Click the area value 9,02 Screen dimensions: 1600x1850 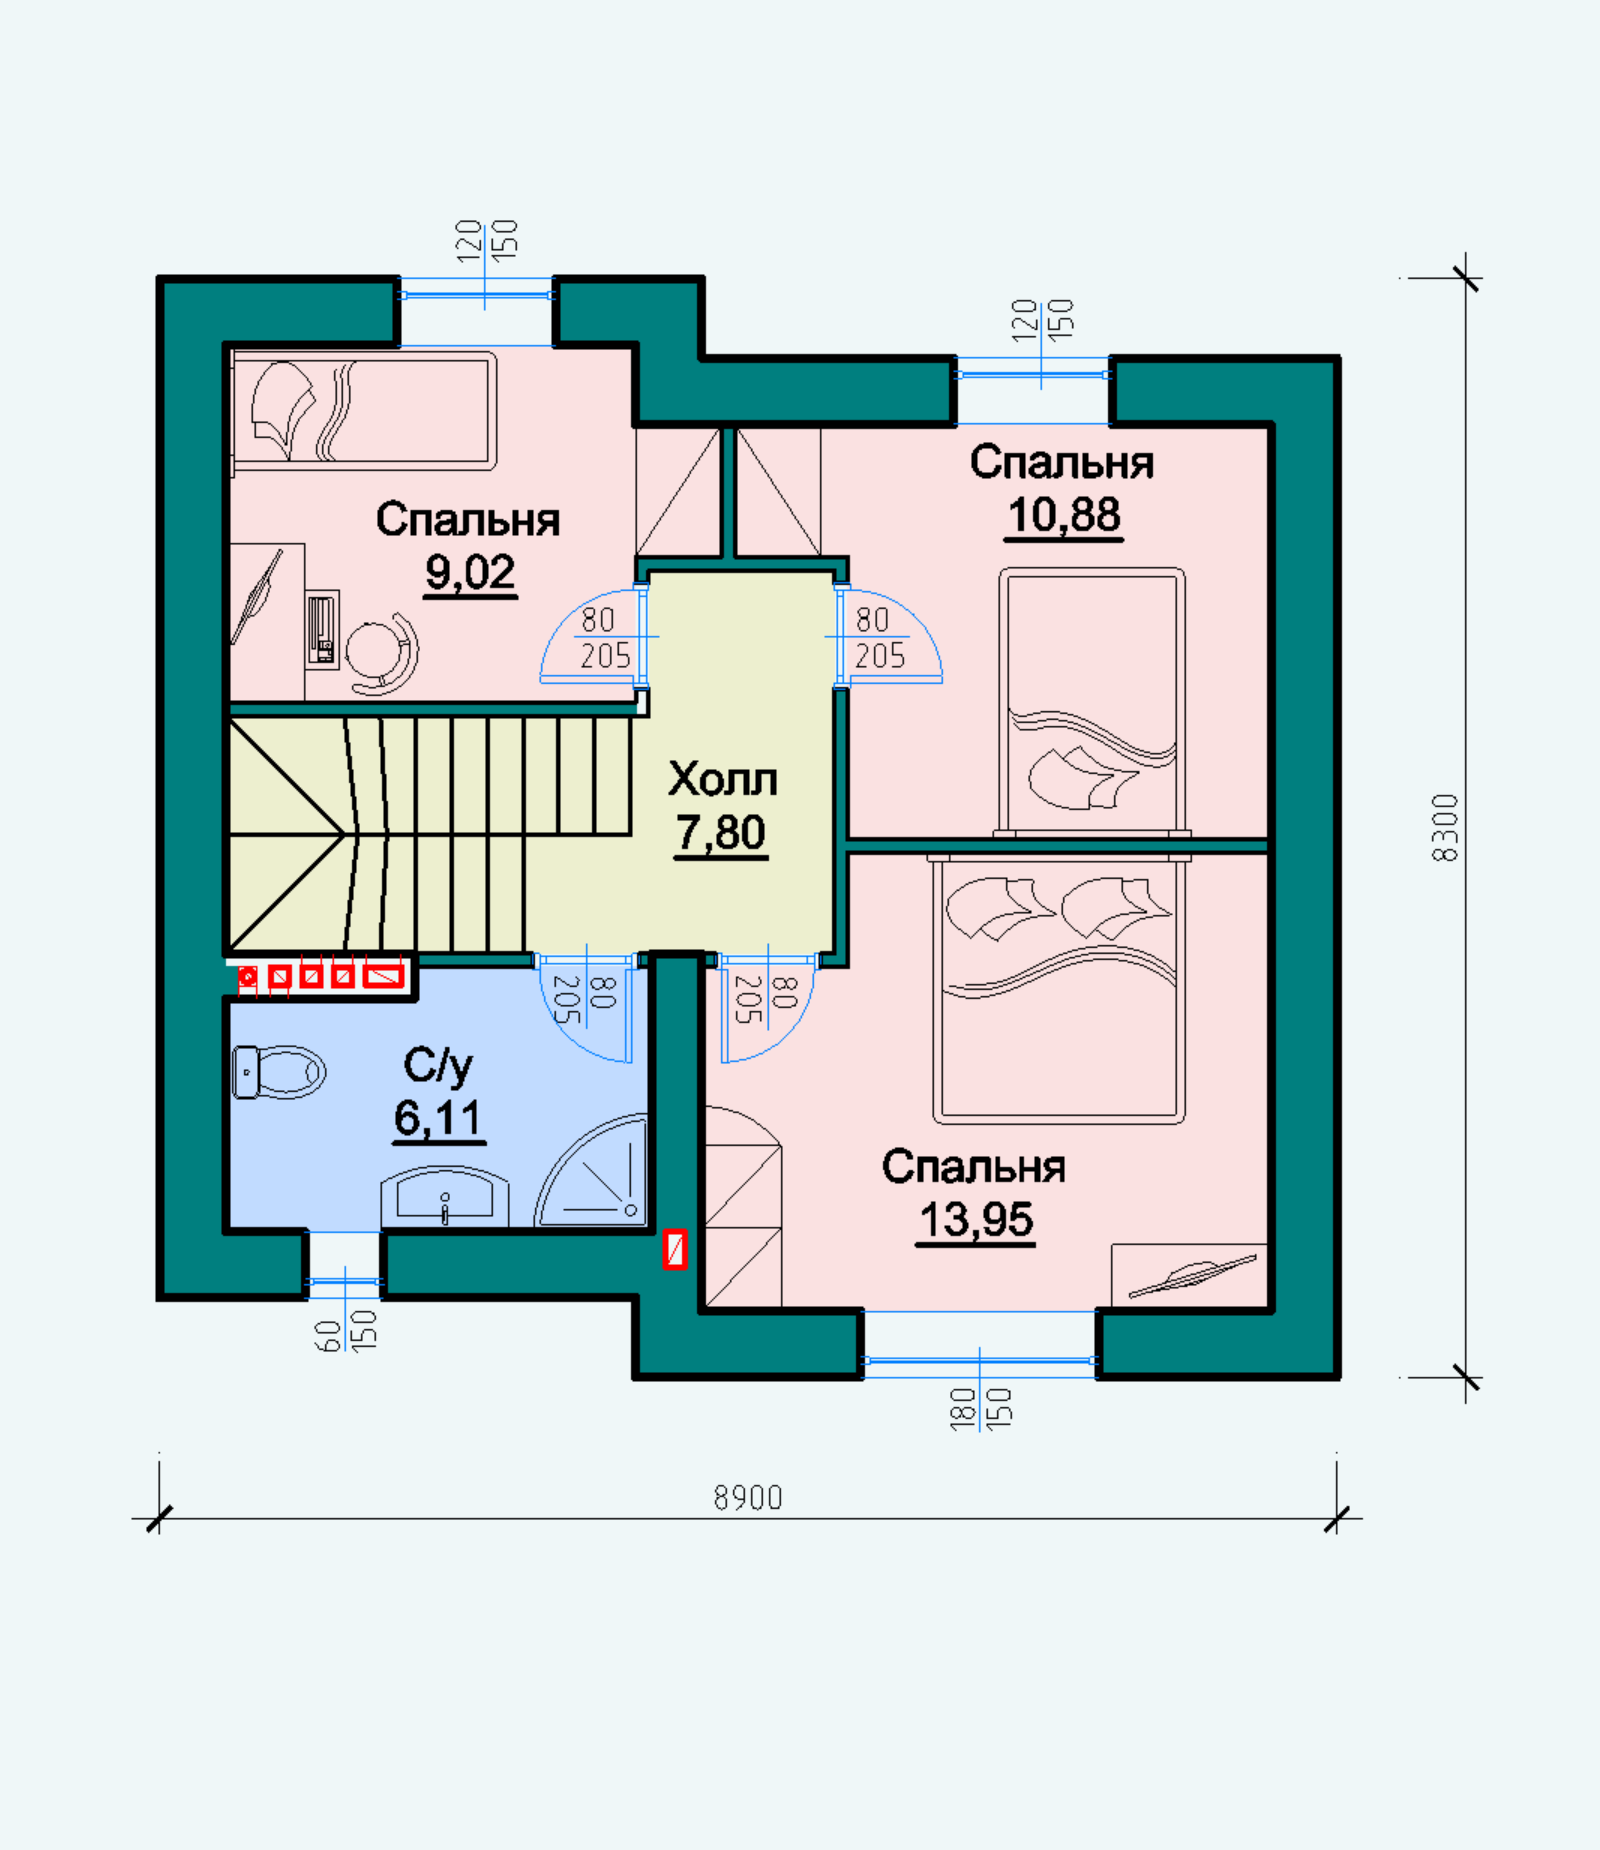coord(470,573)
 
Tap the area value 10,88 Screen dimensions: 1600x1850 coord(1064,516)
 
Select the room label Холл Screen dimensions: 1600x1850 coord(722,780)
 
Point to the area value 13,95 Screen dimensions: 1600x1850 coord(975,1220)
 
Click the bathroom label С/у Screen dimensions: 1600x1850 coord(438,1066)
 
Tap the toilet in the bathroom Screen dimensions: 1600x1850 coord(279,1072)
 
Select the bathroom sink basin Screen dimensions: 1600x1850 coord(444,1196)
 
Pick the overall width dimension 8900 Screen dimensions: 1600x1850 coord(748,1497)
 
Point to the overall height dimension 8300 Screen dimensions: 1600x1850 coord(1445,828)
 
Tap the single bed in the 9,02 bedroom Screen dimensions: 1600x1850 coord(363,410)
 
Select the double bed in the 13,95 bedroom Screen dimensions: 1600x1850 coord(1059,990)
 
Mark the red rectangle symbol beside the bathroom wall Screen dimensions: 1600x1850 coord(675,1250)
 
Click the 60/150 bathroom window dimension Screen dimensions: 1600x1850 coord(345,1330)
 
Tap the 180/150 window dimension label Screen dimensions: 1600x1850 coord(981,1407)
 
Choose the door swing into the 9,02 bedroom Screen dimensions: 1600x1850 coord(591,637)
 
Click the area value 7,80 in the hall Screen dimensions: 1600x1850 coord(720,833)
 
